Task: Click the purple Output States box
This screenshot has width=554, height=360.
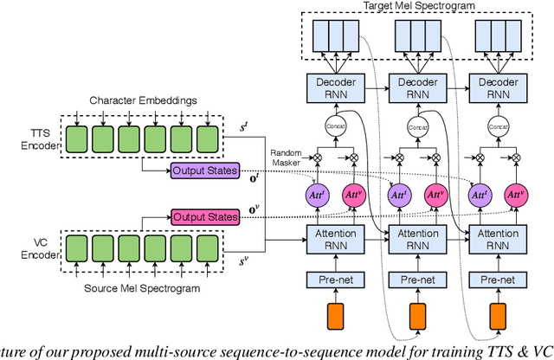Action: pos(203,171)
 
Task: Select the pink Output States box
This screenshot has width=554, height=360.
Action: pos(203,215)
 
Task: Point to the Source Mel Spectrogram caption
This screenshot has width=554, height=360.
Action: pos(154,286)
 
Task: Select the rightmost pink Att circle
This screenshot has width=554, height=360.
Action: pos(515,196)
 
